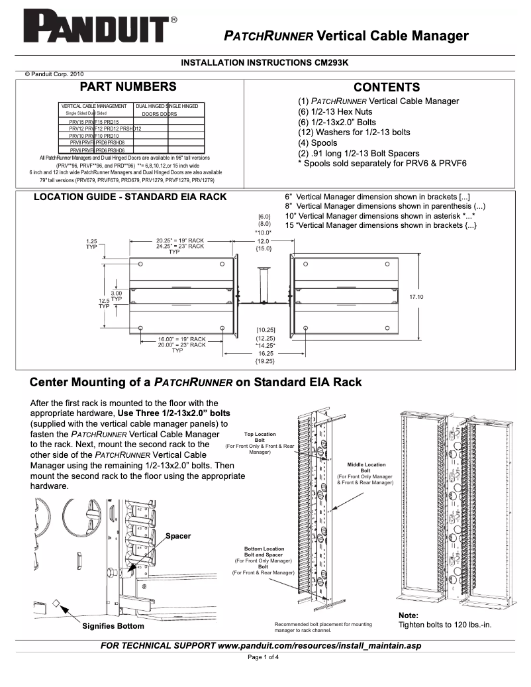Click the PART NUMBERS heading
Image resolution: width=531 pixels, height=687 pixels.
(128, 87)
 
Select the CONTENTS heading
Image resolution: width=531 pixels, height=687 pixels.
(387, 87)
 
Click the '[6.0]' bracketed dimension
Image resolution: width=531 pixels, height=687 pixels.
(264, 217)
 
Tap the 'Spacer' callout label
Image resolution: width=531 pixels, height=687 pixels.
(178, 535)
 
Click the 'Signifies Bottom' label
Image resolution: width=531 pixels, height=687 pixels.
(113, 625)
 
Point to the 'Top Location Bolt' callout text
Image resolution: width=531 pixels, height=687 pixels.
(260, 437)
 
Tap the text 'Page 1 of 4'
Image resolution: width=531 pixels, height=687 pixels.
(264, 657)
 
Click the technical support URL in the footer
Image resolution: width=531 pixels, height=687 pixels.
(319, 645)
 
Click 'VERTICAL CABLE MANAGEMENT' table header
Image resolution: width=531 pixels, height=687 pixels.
(94, 106)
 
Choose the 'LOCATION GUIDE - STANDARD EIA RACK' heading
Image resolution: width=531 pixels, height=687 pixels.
(130, 197)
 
